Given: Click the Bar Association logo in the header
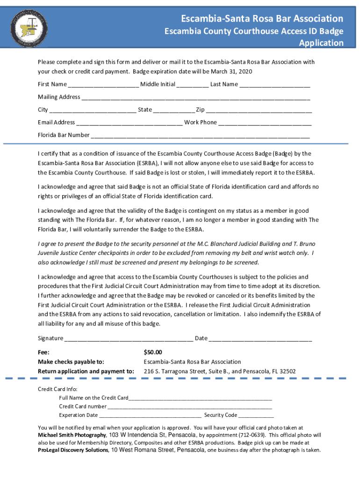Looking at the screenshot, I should pos(28,24).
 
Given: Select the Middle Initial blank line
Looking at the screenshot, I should pos(193,85).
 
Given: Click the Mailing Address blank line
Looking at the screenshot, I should pos(195,98).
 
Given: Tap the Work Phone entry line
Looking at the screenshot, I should pos(265,123).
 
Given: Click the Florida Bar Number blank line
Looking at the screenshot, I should pos(200,136).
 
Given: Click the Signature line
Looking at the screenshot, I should pos(129,339).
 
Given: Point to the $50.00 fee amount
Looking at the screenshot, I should pos(153,352).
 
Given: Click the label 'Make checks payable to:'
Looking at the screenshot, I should pos(71,362).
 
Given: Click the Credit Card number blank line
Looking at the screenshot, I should pos(189,407).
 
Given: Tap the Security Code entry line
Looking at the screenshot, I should pos(256,415).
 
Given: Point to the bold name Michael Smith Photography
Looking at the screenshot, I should pos(72,435).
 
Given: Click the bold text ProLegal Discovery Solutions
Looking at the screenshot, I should pos(73,450).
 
